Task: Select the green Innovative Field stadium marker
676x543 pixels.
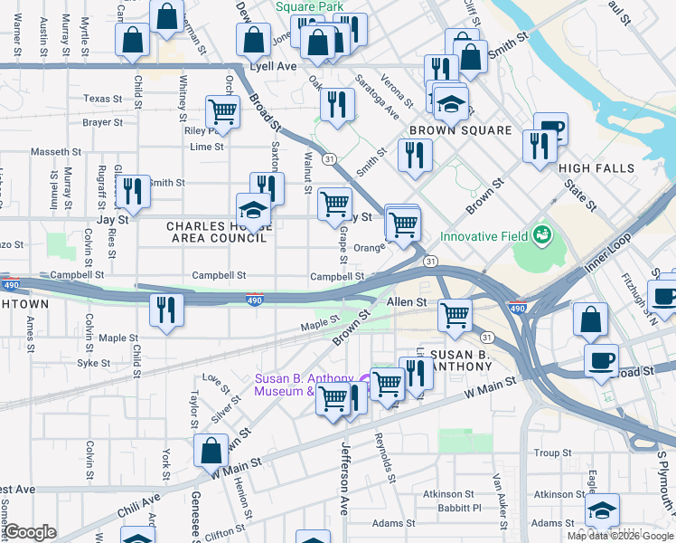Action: click(x=542, y=235)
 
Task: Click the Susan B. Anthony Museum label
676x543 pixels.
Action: click(x=285, y=386)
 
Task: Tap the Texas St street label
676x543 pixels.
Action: click(x=102, y=99)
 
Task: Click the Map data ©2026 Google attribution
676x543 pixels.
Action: click(x=621, y=536)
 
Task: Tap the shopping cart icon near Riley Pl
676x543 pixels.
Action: click(x=222, y=112)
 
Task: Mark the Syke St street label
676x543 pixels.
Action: click(x=93, y=363)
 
